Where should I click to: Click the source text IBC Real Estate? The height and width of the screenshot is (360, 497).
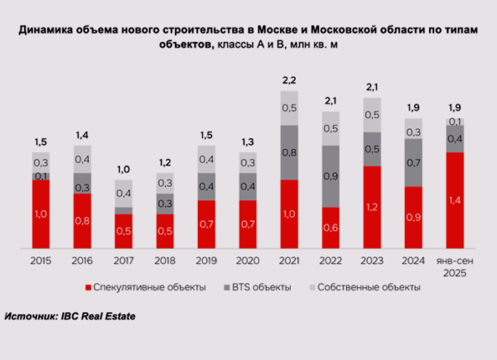click(99, 316)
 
